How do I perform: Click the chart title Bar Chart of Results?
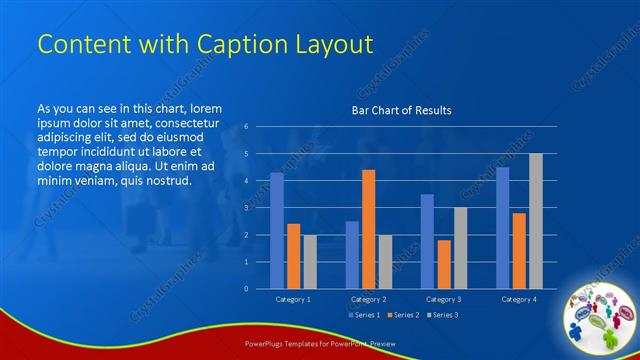[400, 110]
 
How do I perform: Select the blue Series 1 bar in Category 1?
[277, 231]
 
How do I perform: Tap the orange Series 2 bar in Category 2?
[368, 229]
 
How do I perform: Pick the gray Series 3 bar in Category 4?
[535, 221]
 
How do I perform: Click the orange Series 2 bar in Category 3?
[443, 264]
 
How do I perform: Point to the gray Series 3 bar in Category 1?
[310, 262]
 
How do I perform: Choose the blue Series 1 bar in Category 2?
[352, 255]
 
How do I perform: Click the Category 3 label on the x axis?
[443, 299]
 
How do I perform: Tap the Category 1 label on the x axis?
[293, 299]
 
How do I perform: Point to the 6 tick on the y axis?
[246, 127]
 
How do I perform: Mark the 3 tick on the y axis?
[246, 208]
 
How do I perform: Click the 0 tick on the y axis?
[246, 289]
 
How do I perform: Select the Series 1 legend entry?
[364, 315]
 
